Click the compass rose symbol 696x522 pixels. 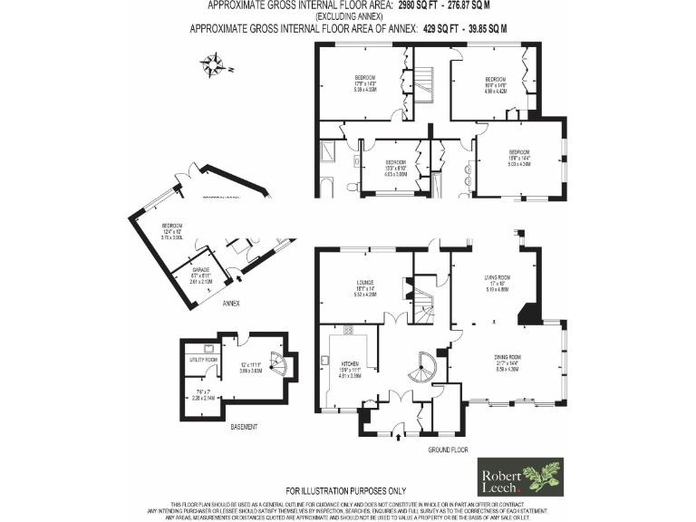coord(217,64)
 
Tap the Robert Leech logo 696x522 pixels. coord(520,478)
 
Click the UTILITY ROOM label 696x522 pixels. coord(204,360)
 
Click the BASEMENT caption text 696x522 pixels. coord(242,426)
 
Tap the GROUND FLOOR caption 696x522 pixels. coord(447,449)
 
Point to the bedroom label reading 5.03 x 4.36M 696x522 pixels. coord(518,158)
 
